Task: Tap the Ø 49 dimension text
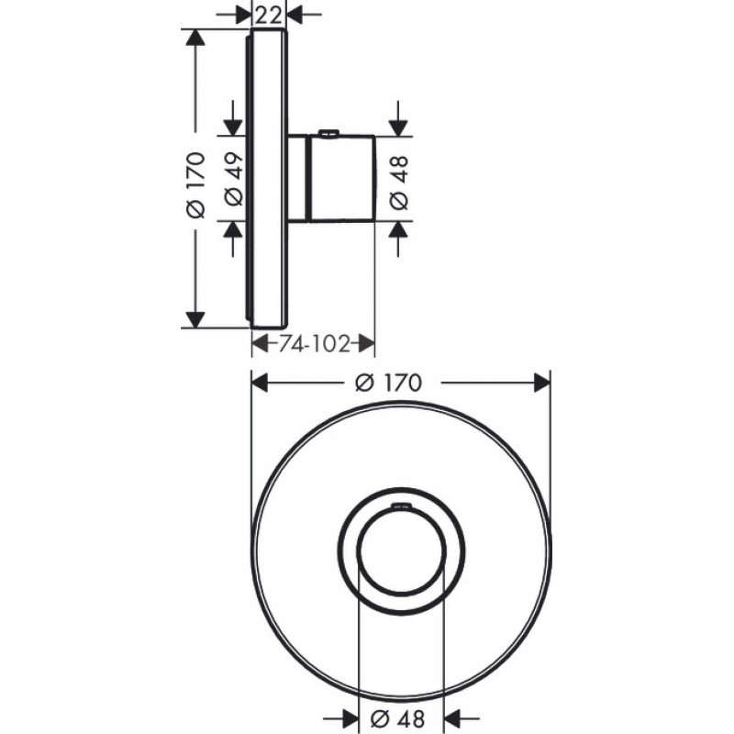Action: tap(230, 178)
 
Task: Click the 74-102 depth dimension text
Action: tap(312, 344)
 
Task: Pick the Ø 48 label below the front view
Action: tap(400, 720)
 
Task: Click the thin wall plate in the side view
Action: tap(269, 179)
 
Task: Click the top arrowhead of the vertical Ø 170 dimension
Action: tap(194, 38)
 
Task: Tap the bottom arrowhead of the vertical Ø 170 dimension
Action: tap(194, 319)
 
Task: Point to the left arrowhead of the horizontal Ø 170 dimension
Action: tap(260, 384)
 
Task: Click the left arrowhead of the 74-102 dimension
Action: tap(259, 344)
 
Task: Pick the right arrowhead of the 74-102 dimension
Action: tap(367, 344)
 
